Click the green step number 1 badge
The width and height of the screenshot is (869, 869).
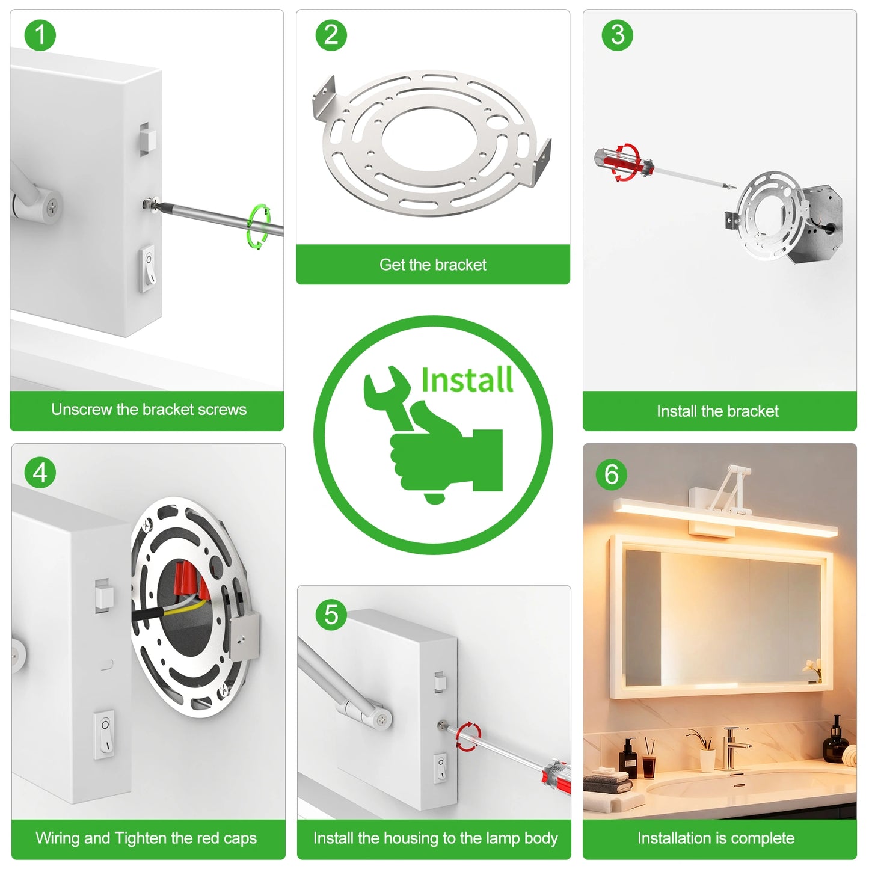pyautogui.click(x=40, y=35)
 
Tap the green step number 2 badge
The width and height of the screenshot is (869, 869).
pyautogui.click(x=331, y=35)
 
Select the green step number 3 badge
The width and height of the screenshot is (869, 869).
pyautogui.click(x=617, y=35)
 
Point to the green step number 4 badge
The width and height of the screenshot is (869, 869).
pyautogui.click(x=40, y=473)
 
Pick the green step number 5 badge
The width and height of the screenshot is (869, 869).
pyautogui.click(x=331, y=615)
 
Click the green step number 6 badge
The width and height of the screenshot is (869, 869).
pyautogui.click(x=611, y=474)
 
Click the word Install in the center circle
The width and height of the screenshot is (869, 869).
pyautogui.click(x=467, y=380)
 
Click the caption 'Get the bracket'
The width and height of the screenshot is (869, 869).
pyautogui.click(x=432, y=265)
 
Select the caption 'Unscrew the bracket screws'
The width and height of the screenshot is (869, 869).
pyautogui.click(x=149, y=410)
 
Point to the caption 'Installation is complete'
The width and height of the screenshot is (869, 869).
pyautogui.click(x=716, y=838)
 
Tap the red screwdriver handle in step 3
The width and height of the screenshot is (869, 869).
pyautogui.click(x=622, y=160)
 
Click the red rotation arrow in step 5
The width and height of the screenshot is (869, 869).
pyautogui.click(x=468, y=737)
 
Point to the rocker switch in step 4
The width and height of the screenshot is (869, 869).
pyautogui.click(x=105, y=733)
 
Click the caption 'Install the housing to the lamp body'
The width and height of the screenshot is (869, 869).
pyautogui.click(x=435, y=838)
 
